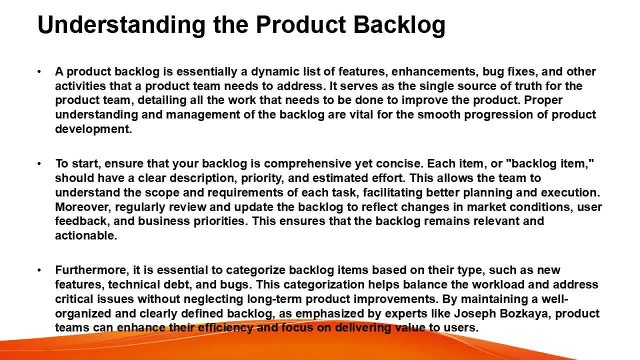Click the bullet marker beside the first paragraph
pyautogui.click(x=38, y=72)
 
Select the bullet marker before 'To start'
pyautogui.click(x=38, y=161)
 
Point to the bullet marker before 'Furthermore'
pyautogui.click(x=38, y=269)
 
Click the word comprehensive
pyautogui.click(x=270, y=161)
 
